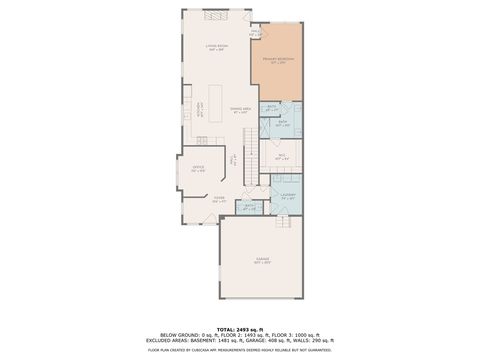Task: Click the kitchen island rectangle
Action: coord(213,101)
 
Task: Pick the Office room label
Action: coord(198,169)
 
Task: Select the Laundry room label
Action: coord(288,196)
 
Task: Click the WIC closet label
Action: coord(283,156)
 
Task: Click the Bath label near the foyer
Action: coord(250,208)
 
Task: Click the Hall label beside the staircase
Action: coord(233,159)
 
